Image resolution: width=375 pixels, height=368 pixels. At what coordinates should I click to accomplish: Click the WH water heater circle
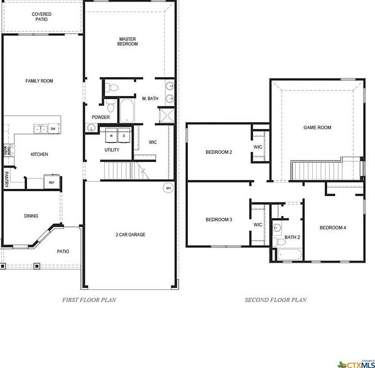(x=168, y=188)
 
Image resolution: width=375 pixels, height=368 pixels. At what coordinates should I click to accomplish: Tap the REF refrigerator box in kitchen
(x=52, y=182)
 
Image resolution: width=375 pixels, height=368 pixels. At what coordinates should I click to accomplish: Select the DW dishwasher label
(x=53, y=129)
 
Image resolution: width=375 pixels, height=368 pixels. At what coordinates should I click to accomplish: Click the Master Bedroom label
(x=128, y=41)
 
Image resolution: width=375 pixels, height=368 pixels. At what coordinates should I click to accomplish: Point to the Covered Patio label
(x=41, y=17)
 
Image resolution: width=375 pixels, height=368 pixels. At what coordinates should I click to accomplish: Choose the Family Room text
(x=39, y=81)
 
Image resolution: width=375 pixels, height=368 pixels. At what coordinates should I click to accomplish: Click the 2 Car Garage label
(x=130, y=235)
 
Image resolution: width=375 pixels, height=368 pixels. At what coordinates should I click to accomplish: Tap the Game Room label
(x=317, y=127)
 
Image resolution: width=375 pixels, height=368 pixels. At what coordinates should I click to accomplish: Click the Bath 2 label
(x=292, y=237)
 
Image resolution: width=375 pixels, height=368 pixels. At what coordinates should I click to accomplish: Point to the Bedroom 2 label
(x=219, y=152)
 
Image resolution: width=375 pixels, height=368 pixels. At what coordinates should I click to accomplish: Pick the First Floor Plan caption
(x=89, y=300)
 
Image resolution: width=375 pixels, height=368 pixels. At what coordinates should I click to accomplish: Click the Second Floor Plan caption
(x=276, y=300)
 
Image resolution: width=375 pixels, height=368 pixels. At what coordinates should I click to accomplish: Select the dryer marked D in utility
(x=123, y=136)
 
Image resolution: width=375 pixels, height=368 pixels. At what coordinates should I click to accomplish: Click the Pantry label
(x=7, y=179)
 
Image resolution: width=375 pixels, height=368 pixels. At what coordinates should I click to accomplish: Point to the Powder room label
(x=101, y=118)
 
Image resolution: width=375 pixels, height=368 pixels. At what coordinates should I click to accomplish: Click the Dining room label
(x=31, y=216)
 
